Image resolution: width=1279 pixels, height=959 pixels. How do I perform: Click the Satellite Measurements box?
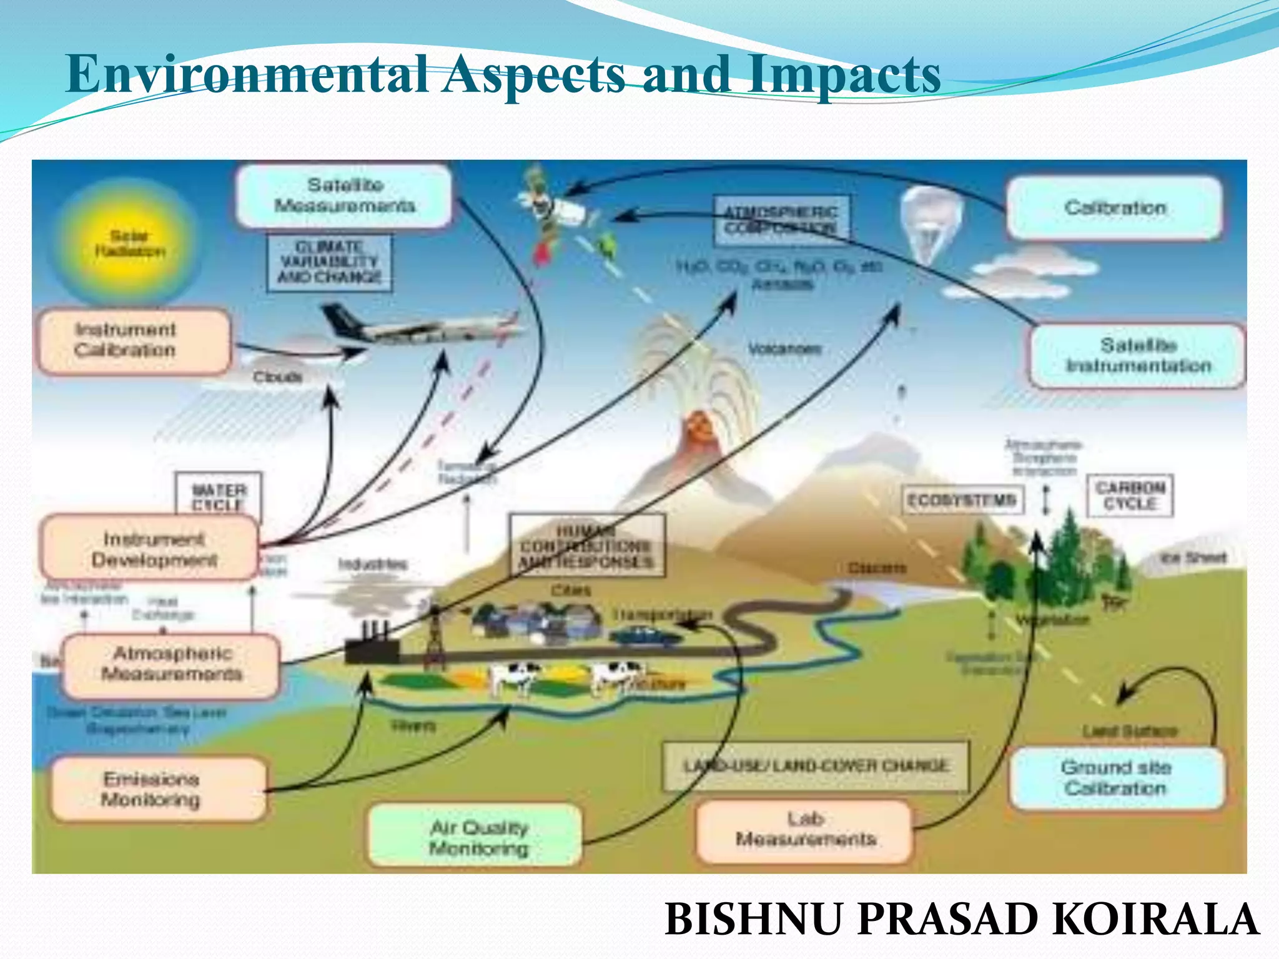344,195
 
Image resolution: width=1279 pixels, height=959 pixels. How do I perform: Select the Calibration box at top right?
1114,208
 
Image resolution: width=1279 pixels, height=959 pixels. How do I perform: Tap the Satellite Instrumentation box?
1137,356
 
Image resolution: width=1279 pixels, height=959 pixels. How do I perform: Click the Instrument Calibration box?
134,341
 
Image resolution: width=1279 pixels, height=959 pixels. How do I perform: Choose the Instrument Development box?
150,549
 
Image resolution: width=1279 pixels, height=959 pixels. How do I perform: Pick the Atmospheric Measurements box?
171,665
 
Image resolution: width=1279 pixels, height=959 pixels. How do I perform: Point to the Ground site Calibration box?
1116,779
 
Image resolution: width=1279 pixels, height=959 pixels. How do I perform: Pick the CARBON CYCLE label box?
1130,496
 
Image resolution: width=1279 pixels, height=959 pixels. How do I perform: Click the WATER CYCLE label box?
218,498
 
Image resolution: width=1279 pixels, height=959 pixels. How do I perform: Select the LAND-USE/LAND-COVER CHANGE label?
816,766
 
